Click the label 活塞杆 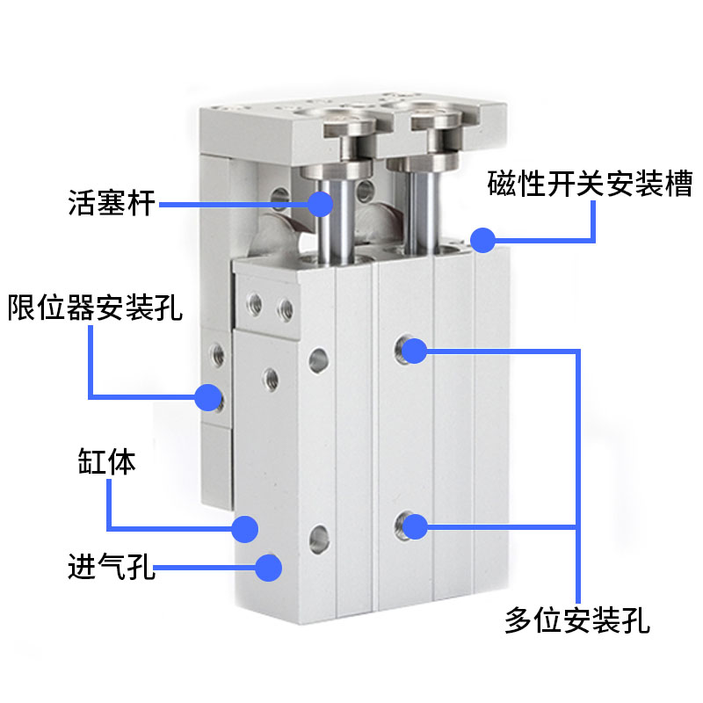coord(112,203)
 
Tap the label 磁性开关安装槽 coord(591,185)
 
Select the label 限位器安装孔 coord(95,309)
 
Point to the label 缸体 coord(106,462)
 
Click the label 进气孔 coord(112,567)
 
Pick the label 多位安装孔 coord(577,620)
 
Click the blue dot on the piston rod coord(321,204)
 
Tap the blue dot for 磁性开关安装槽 coord(482,239)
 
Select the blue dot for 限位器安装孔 coord(207,397)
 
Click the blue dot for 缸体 coord(244,528)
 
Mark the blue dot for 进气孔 coord(268,567)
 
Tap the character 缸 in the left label coord(92,462)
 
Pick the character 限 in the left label coord(23,309)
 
